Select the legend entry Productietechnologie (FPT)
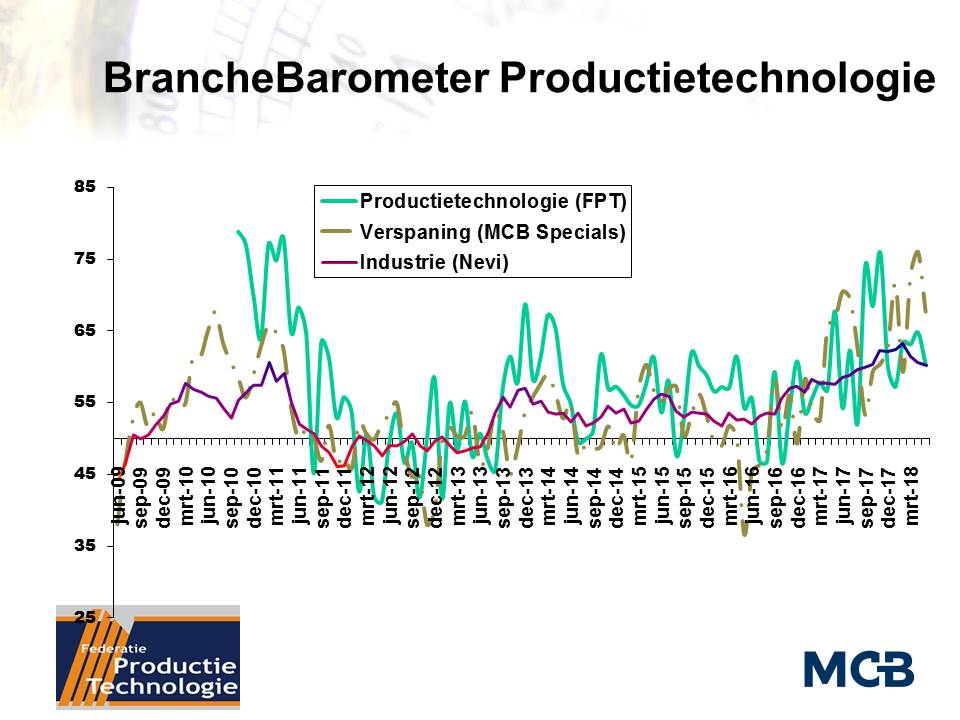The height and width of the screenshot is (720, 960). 492,201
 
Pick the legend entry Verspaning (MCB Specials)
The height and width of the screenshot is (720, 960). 492,233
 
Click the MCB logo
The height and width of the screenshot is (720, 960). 858,668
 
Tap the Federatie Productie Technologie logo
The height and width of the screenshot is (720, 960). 147,657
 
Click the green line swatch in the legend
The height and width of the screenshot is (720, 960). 337,201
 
